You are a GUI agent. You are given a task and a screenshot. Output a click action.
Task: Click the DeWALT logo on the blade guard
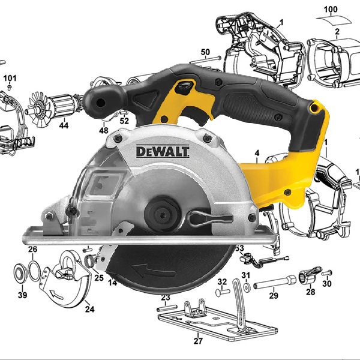[x=163, y=152]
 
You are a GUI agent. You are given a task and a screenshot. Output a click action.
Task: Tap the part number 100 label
[x=331, y=10]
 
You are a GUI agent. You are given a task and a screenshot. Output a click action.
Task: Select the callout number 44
[x=64, y=125]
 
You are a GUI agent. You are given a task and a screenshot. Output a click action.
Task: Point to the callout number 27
[x=198, y=341]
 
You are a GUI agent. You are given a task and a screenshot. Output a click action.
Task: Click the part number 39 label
[x=23, y=295]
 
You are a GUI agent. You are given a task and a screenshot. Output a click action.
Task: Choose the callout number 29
[x=274, y=295]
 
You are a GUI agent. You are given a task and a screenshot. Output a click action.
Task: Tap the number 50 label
[x=205, y=52]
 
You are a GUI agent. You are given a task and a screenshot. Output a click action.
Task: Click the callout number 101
[x=10, y=78]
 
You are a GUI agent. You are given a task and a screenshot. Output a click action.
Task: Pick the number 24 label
[x=90, y=309]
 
